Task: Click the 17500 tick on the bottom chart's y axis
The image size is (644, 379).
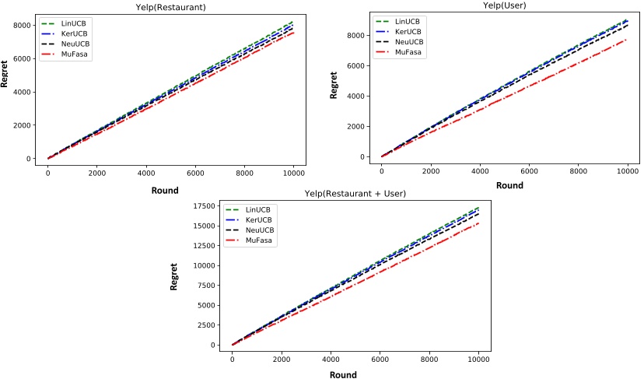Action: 204,205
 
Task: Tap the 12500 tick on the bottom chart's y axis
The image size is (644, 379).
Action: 204,245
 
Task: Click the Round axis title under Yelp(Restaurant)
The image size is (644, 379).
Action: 164,190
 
